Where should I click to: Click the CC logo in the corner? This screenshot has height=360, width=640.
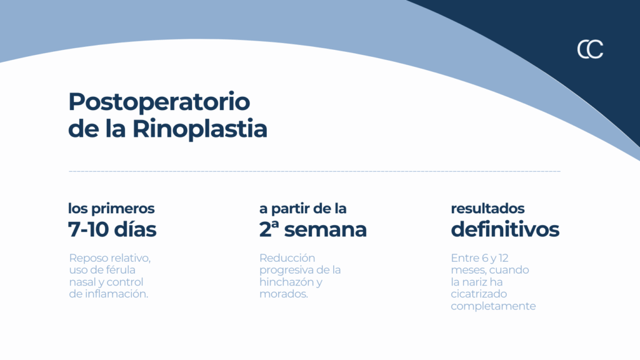pyautogui.click(x=590, y=49)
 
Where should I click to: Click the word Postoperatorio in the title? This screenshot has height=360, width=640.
pyautogui.click(x=159, y=102)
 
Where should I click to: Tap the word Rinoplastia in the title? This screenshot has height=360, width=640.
pyautogui.click(x=199, y=129)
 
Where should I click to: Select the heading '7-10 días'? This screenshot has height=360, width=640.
pyautogui.click(x=112, y=229)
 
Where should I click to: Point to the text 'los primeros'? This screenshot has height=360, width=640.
pyautogui.click(x=111, y=209)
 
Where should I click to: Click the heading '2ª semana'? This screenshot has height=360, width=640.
pyautogui.click(x=313, y=229)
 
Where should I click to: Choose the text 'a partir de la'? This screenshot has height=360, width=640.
pyautogui.click(x=303, y=209)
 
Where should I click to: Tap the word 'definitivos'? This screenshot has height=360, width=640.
pyautogui.click(x=505, y=229)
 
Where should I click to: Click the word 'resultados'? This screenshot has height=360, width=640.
pyautogui.click(x=487, y=209)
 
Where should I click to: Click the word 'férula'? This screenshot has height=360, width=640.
pyautogui.click(x=121, y=270)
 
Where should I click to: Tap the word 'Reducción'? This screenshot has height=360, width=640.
pyautogui.click(x=287, y=258)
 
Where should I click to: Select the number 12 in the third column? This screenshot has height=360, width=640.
pyautogui.click(x=503, y=258)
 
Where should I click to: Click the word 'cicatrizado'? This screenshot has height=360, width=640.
pyautogui.click(x=479, y=294)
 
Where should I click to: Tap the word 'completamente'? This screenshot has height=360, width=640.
pyautogui.click(x=493, y=306)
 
